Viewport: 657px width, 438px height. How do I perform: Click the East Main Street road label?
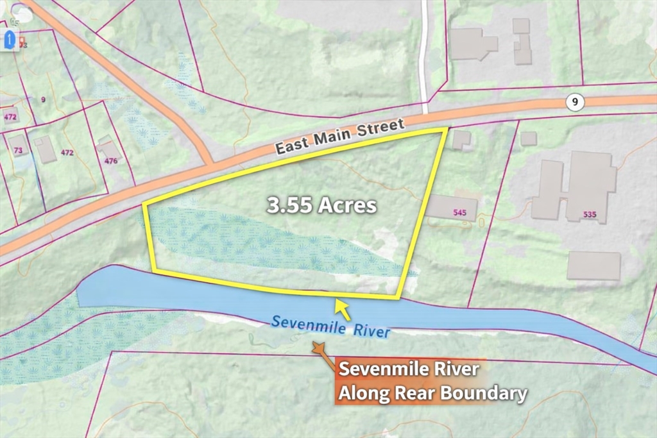pyautogui.click(x=340, y=136)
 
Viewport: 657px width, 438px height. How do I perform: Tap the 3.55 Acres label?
pyautogui.click(x=321, y=206)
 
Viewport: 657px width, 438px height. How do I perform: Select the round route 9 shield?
pyautogui.click(x=575, y=102)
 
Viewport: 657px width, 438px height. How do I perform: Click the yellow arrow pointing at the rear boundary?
pyautogui.click(x=343, y=308)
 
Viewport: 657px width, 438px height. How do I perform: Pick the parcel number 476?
pyautogui.click(x=111, y=161)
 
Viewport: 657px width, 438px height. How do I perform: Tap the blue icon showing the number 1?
pyautogui.click(x=10, y=40)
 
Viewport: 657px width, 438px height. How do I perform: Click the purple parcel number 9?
pyautogui.click(x=43, y=99)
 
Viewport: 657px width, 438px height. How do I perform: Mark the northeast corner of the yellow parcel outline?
pyautogui.click(x=445, y=130)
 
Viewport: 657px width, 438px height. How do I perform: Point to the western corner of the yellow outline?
pyautogui.click(x=143, y=205)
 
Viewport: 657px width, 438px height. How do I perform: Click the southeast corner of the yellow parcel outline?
pyautogui.click(x=398, y=298)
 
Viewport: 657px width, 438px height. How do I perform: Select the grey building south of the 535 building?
pyautogui.click(x=593, y=265)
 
